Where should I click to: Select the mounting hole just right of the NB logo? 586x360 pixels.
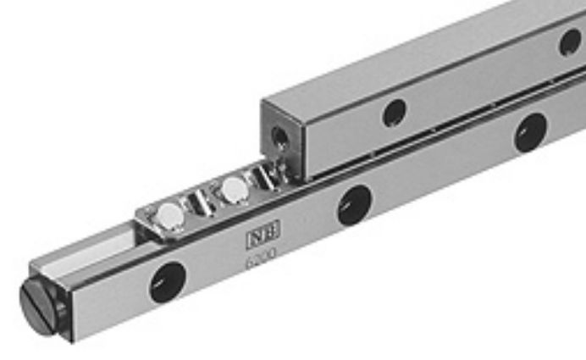(354, 205)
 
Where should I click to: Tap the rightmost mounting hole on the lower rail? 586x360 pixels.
(530, 132)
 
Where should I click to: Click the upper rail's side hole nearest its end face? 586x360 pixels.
(394, 113)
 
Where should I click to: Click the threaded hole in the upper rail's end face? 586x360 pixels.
(279, 134)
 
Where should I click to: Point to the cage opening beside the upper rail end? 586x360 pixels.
(268, 175)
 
